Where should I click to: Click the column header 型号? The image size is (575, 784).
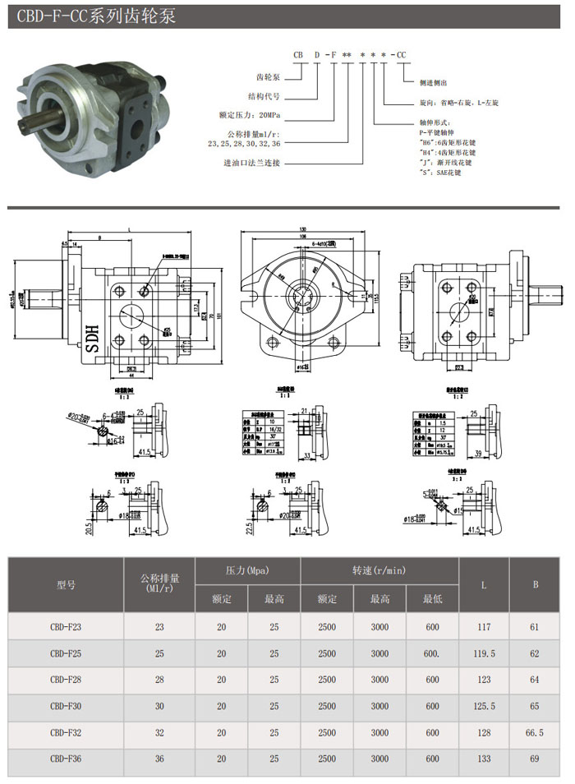(66, 585)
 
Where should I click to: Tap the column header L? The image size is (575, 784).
(484, 584)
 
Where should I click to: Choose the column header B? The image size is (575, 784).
(536, 584)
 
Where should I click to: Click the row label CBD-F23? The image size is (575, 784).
(66, 626)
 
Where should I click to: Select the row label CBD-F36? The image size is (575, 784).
(66, 759)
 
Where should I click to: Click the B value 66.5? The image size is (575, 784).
(536, 732)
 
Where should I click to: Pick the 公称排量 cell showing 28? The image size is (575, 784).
(159, 680)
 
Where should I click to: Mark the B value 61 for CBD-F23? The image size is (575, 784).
(536, 626)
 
